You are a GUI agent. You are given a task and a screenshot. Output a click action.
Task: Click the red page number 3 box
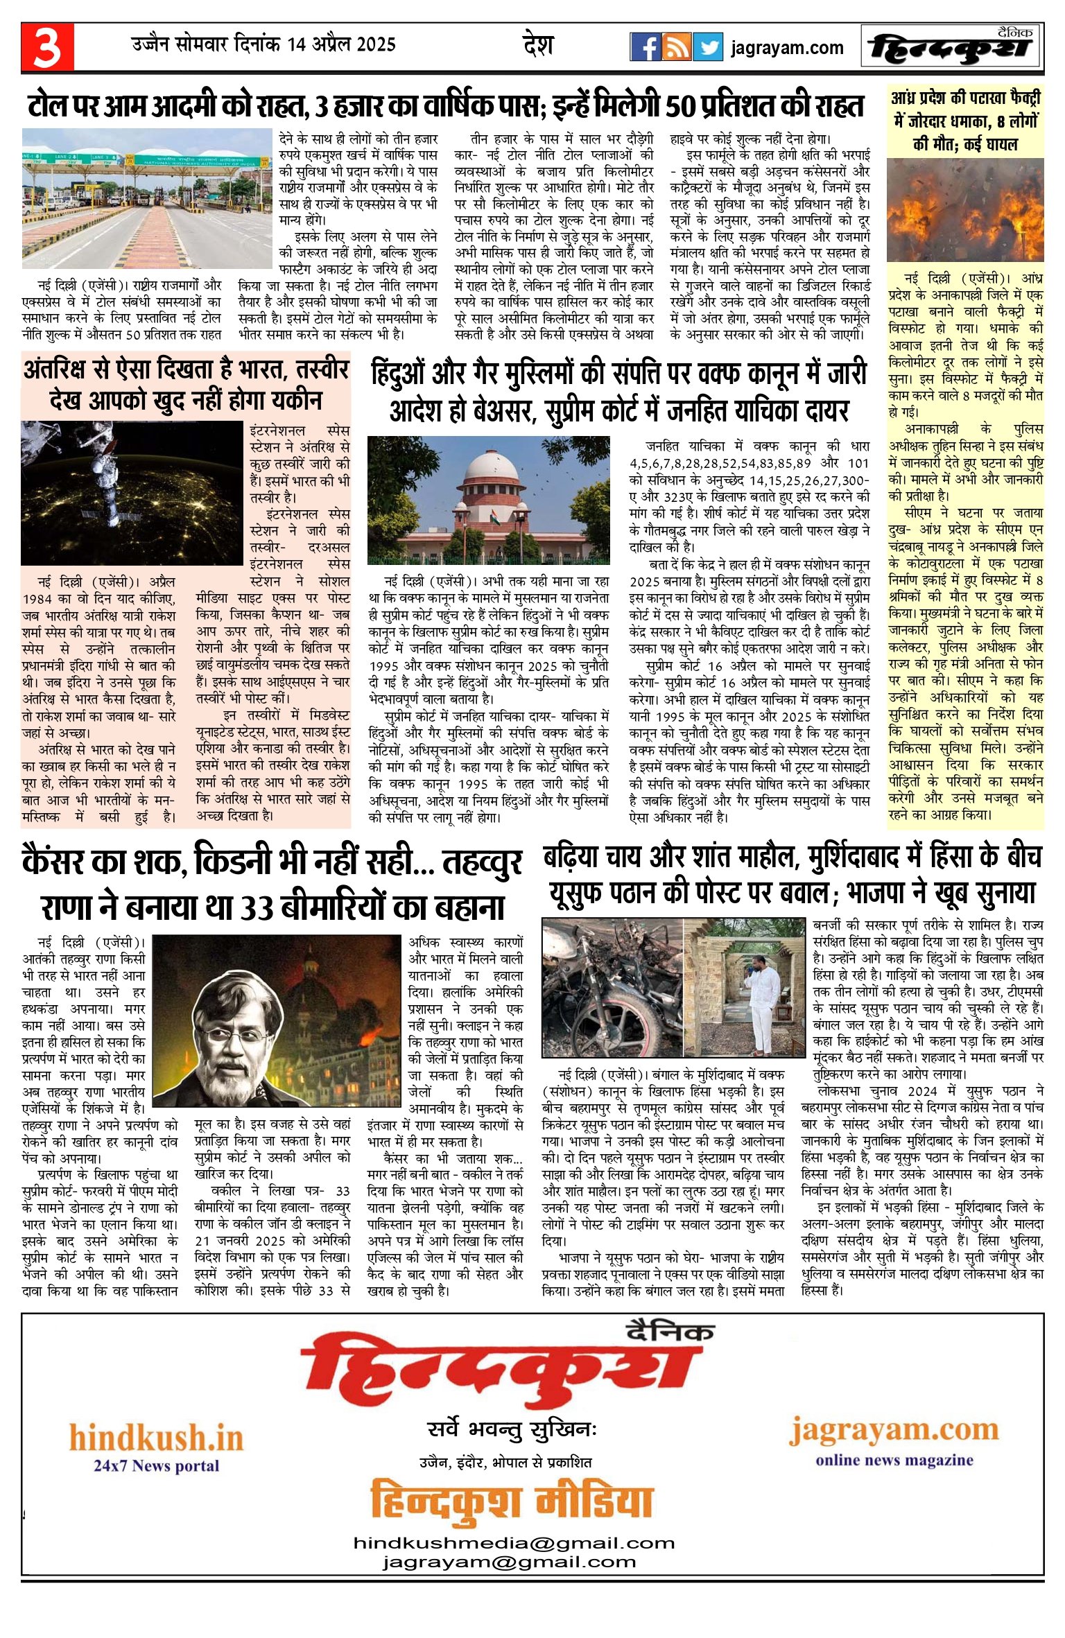47,47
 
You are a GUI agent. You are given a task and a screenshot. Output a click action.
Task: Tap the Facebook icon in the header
645,47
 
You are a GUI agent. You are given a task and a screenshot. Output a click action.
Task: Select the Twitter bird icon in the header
708,47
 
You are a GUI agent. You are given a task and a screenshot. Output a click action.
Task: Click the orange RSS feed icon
676,47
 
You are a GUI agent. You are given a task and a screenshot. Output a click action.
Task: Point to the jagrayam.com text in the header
787,48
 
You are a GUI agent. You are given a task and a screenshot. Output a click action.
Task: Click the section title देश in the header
537,46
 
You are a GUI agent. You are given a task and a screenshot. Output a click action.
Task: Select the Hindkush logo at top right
952,47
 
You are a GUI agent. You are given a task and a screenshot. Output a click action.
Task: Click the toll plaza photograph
146,199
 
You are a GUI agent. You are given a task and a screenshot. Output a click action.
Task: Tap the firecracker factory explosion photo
965,210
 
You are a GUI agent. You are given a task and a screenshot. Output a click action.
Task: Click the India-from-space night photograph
132,494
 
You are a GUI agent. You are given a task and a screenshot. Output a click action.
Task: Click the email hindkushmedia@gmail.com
514,1542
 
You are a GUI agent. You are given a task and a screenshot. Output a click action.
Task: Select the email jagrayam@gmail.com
509,1562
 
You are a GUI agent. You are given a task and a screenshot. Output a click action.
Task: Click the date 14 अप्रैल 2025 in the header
341,45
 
